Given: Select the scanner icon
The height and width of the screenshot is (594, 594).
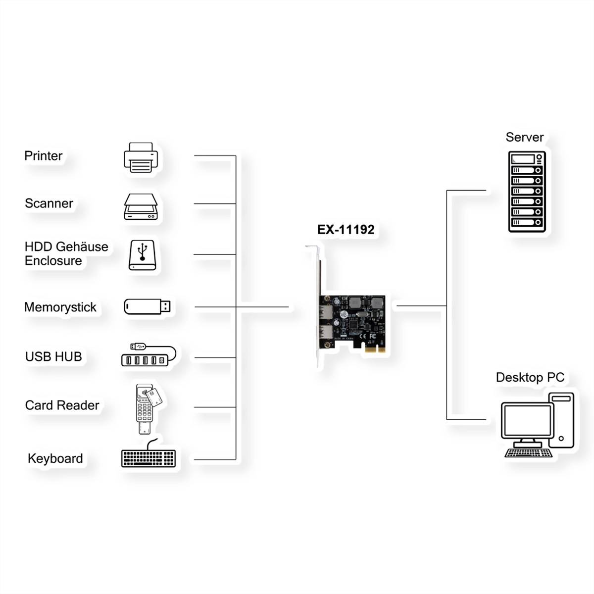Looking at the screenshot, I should pos(141,206).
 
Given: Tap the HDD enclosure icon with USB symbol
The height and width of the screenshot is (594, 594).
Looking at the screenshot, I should pos(143,255).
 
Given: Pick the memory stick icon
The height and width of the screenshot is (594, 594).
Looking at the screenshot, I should pos(147,306).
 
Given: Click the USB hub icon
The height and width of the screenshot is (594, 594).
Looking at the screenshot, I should pos(148,355).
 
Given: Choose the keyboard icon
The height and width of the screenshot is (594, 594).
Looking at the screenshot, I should pos(148,457).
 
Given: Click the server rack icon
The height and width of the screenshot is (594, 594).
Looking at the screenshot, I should pos(527,192).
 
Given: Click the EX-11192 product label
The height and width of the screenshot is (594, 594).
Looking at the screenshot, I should pos(346,230).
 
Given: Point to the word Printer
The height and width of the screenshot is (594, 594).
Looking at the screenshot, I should pos(44,156).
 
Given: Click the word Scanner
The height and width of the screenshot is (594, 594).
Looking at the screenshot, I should pos(49,203).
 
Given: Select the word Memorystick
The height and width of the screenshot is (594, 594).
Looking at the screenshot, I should pos(60,307).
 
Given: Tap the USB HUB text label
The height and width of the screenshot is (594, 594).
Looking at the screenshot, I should pos(53,356).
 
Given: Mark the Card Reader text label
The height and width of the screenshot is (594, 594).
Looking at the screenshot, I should pos(62,405).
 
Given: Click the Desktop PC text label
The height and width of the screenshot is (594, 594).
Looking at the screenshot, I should pos(530,378).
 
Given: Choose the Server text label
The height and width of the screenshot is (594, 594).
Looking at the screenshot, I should pos(524,137).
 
